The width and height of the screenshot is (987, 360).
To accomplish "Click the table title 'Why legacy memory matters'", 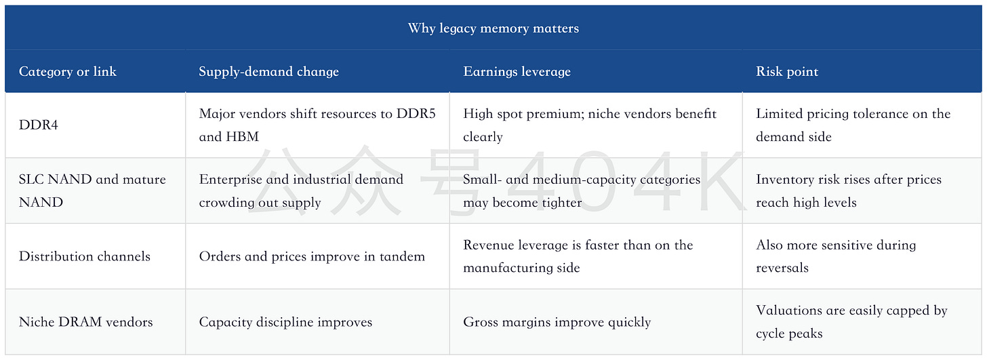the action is click(x=493, y=28).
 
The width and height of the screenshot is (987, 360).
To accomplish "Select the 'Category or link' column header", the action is click(x=67, y=71).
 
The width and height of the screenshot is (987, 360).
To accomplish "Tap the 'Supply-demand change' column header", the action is click(x=268, y=71).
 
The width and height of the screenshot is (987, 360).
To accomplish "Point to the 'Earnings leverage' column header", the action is click(x=517, y=71).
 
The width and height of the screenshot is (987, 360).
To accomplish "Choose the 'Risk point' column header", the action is click(x=787, y=71).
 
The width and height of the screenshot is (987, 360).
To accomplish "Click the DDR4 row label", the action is click(x=39, y=125).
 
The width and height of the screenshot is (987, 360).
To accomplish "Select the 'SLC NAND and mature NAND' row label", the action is click(x=92, y=191).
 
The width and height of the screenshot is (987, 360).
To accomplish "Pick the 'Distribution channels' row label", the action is click(x=85, y=256).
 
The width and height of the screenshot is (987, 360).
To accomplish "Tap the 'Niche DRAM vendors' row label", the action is click(x=86, y=322).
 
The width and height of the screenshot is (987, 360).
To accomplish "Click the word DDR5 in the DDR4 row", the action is click(x=416, y=114).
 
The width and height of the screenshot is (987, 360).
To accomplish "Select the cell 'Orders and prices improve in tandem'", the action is click(x=312, y=256).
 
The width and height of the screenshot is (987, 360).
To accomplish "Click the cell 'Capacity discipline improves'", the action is click(x=285, y=322).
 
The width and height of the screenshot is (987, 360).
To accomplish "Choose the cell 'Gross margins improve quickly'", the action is click(x=557, y=322).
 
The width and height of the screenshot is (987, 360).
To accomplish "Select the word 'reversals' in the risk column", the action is click(x=782, y=268).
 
